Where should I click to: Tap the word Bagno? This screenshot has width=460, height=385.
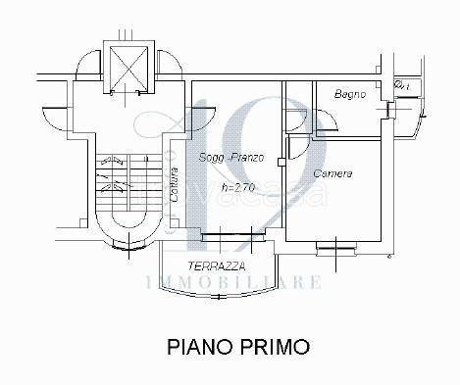click(349, 95)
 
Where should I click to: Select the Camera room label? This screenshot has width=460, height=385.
click(332, 173)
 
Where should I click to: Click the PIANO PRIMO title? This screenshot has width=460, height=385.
click(237, 346)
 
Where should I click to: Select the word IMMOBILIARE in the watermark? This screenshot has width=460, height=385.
click(232, 283)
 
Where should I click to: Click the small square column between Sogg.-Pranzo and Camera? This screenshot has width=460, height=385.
click(281, 163)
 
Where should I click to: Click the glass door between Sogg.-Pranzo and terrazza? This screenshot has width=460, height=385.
click(227, 236)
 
